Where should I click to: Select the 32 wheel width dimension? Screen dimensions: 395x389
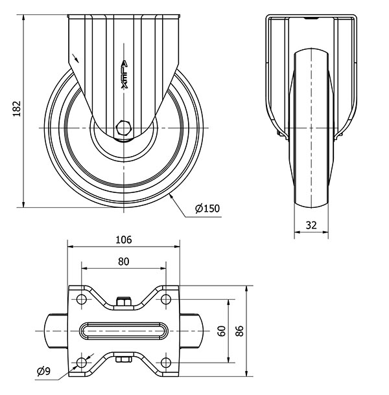pos(312,226)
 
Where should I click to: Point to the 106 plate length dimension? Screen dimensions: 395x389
pos(123,240)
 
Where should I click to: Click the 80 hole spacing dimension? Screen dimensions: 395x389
pos(123,261)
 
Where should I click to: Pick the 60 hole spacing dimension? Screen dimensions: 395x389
pos(221,331)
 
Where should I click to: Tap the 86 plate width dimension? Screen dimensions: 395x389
pos(240,331)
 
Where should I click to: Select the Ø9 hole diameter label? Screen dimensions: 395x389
pos(43,371)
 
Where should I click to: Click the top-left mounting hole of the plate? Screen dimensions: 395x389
pos(81,300)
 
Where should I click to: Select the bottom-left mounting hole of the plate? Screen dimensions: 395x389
pos(81,361)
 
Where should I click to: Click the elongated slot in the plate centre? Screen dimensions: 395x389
pos(123,330)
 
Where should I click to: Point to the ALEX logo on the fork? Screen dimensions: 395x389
pos(125,74)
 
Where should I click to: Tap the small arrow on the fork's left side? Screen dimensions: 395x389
pos(78,58)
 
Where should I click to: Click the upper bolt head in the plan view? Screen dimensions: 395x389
pos(123,301)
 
